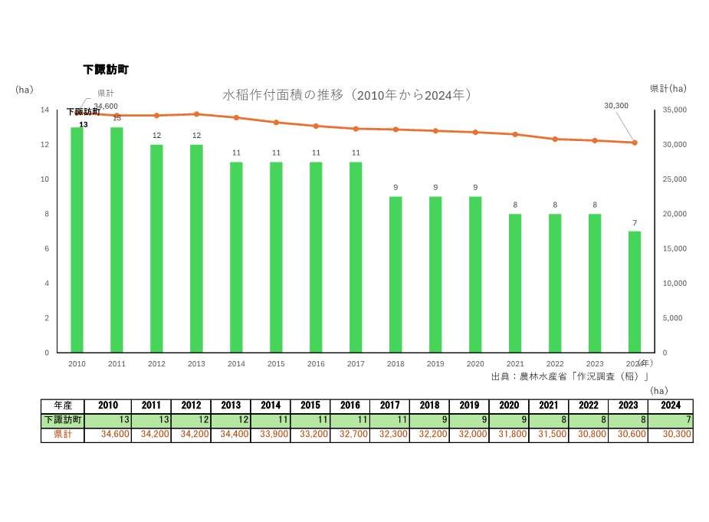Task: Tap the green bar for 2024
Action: (x=635, y=291)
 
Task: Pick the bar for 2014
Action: (x=236, y=257)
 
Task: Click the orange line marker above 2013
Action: (x=196, y=114)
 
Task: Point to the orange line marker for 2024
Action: (x=635, y=143)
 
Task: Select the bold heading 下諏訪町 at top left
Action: (x=106, y=69)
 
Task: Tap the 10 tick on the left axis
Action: (x=45, y=179)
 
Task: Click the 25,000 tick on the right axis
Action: (x=674, y=179)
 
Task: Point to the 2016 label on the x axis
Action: (x=316, y=364)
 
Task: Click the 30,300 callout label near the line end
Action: (x=616, y=105)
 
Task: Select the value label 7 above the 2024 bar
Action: (x=635, y=223)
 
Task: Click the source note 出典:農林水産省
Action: (x=570, y=376)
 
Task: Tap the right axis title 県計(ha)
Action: (x=668, y=88)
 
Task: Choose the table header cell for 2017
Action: (x=389, y=405)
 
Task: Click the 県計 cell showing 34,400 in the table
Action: (x=230, y=435)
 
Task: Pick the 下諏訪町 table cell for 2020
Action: (x=509, y=420)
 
